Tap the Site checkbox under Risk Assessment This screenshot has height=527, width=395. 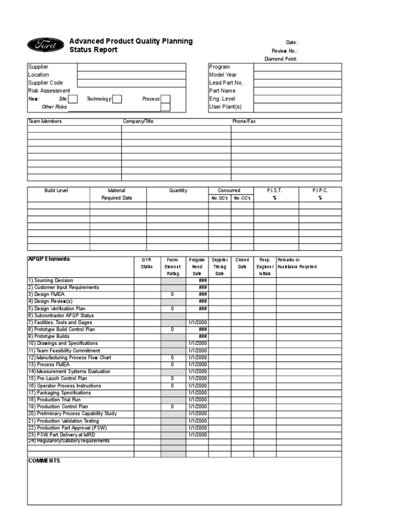pos(73,99)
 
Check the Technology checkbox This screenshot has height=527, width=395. pos(117,99)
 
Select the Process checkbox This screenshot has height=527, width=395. pos(165,99)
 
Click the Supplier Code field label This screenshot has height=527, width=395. pos(45,83)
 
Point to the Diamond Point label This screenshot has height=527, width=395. pos(281,59)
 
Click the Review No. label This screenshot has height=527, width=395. pos(284,51)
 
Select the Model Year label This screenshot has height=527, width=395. pos(223,75)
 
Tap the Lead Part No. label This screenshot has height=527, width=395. pos(226,83)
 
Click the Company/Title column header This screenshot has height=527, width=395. pos(138,121)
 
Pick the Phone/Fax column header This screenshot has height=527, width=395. pos(244,121)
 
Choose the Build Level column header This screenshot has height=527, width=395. pos(56,190)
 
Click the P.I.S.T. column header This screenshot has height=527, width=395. pos(275,190)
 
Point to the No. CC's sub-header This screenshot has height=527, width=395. pos(242,198)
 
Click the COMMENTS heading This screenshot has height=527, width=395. pos(44,461)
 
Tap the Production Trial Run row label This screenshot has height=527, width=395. pos(54,400)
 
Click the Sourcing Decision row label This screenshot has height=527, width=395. pos(50,280)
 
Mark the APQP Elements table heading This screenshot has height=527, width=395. pos(49,259)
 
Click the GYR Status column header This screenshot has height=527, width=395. pos(147,263)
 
